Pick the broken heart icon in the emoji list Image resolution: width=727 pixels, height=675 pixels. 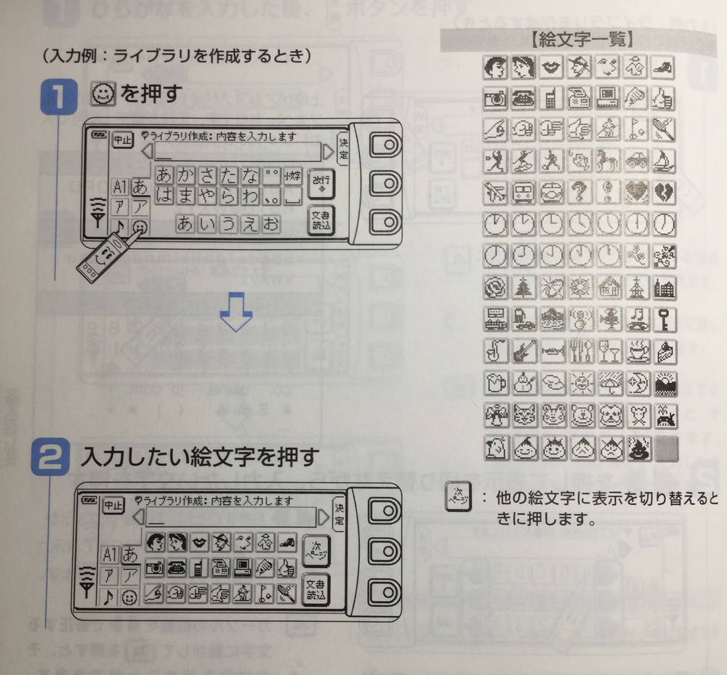[x=664, y=190]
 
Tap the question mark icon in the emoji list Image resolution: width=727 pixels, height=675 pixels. [x=581, y=190]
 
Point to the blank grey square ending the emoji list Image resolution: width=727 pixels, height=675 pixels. [x=664, y=448]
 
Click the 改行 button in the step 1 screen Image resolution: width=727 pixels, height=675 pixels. [x=318, y=183]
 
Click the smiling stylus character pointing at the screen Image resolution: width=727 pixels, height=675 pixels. [x=102, y=258]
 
